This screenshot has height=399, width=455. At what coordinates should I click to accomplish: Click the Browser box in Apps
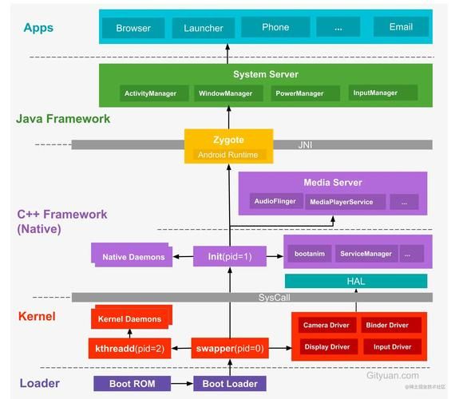pyautogui.click(x=133, y=29)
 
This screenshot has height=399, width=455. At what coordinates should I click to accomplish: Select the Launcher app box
pyautogui.click(x=204, y=29)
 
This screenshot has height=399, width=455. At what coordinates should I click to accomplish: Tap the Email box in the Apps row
pyautogui.click(x=401, y=27)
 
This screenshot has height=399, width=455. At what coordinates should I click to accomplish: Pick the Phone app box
pyautogui.click(x=275, y=27)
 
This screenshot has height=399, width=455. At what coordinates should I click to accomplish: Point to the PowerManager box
pyautogui.click(x=299, y=93)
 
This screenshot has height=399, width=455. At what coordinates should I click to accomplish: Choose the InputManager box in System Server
pyautogui.click(x=375, y=93)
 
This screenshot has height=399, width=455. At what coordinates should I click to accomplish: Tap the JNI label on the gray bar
pyautogui.click(x=305, y=144)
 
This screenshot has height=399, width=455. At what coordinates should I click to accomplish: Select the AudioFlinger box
pyautogui.click(x=275, y=202)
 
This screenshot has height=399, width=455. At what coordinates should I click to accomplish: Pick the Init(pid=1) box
pyautogui.click(x=229, y=256)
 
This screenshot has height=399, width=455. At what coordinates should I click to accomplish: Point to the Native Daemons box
pyautogui.click(x=133, y=257)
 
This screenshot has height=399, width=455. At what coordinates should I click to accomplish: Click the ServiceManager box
pyautogui.click(x=366, y=254)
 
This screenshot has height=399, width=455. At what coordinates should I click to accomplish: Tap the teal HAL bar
pyautogui.click(x=356, y=281)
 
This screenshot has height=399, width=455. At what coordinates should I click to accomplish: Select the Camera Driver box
pyautogui.click(x=326, y=326)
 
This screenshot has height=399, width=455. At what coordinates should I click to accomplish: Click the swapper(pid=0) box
pyautogui.click(x=229, y=349)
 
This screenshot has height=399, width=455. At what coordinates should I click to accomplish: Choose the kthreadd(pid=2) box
pyautogui.click(x=133, y=349)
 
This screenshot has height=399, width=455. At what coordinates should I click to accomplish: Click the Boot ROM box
pyautogui.click(x=132, y=384)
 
